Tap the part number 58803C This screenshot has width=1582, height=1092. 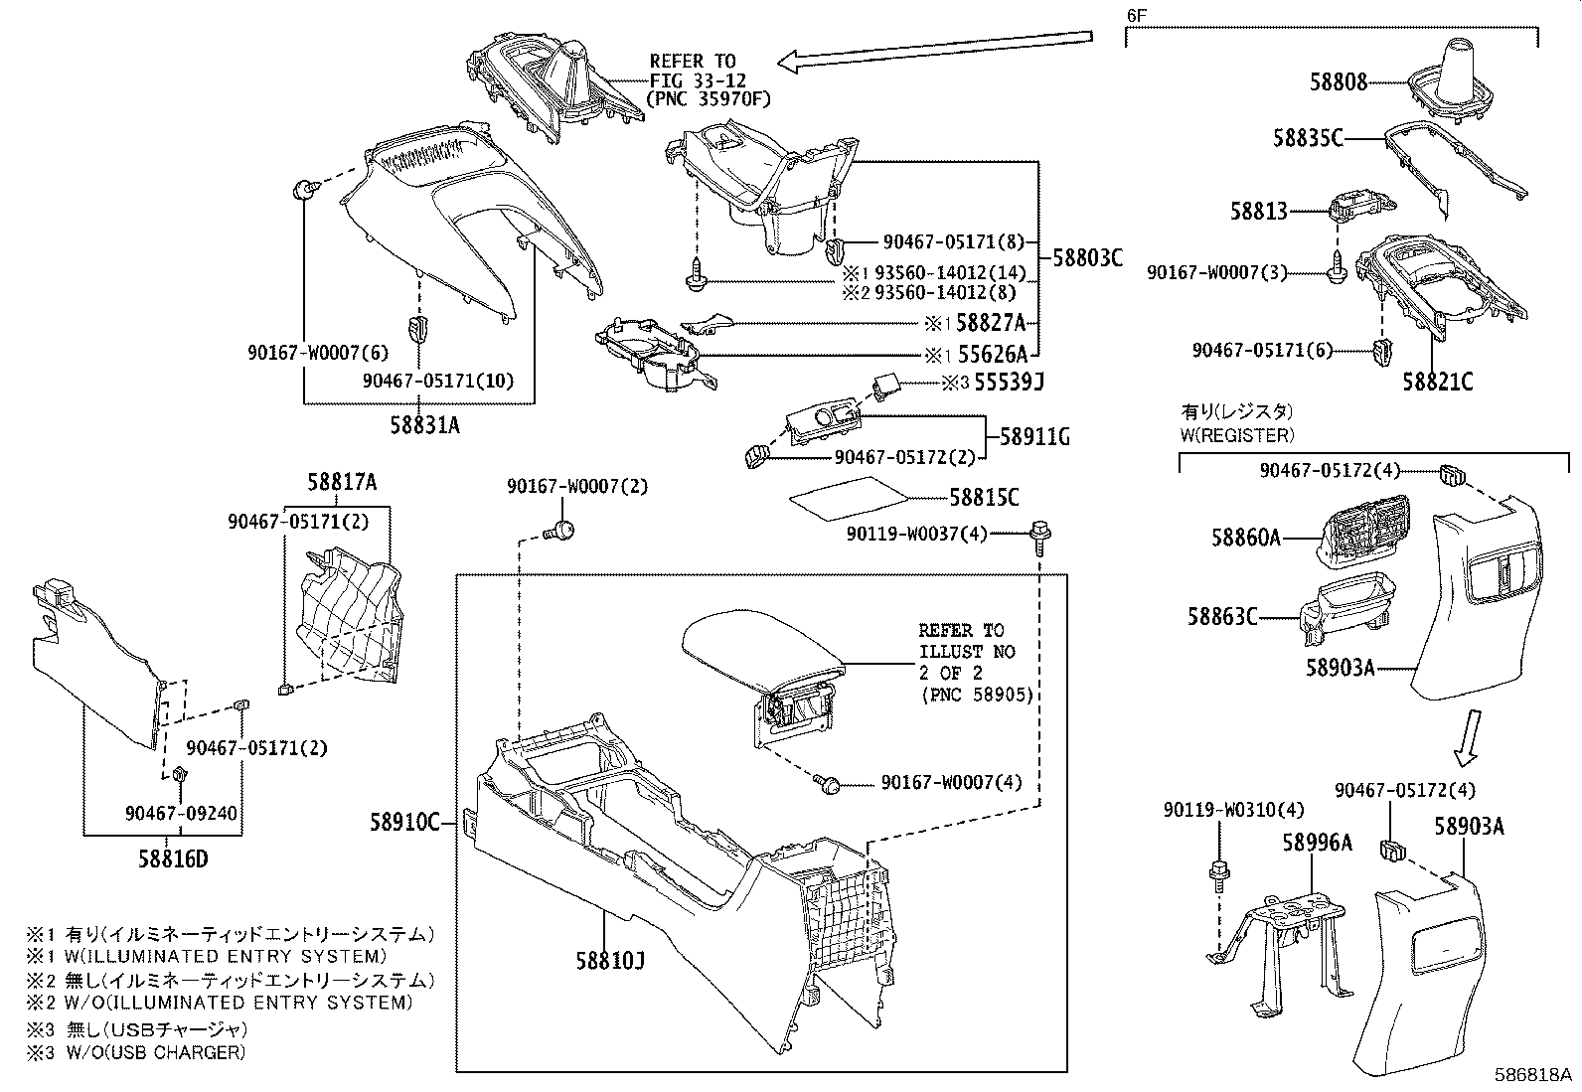1087,257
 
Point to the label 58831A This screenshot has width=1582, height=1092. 424,425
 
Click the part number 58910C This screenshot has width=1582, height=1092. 404,822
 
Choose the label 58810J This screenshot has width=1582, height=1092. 609,961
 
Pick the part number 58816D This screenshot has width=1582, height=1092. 173,858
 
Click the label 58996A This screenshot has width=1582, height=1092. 1317,843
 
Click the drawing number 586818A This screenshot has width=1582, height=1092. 1534,1076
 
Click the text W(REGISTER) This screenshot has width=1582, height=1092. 1237,434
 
